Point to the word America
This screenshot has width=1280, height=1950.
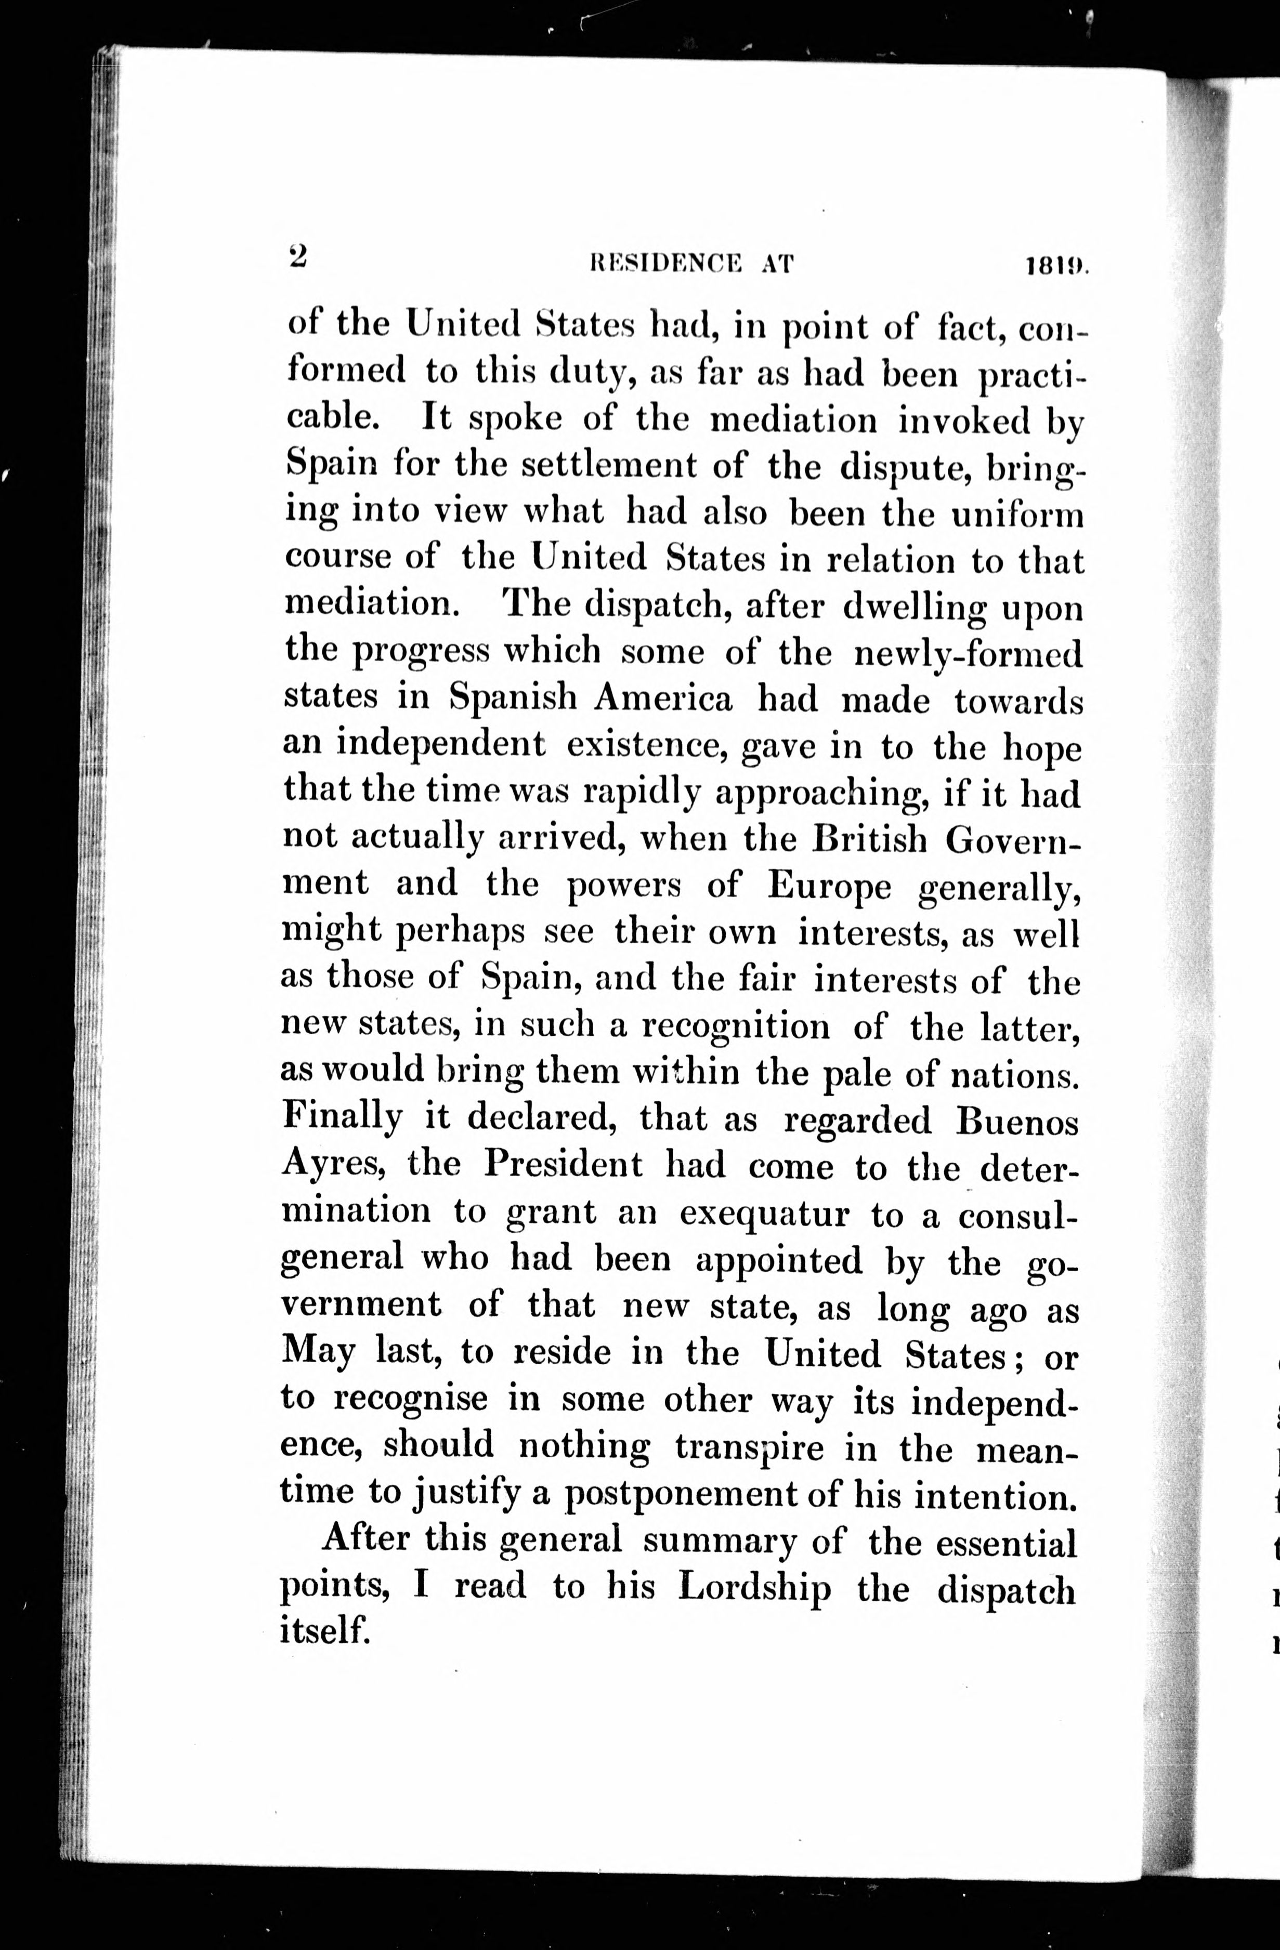pyautogui.click(x=664, y=698)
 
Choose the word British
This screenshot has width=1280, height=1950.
pyautogui.click(x=870, y=840)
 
